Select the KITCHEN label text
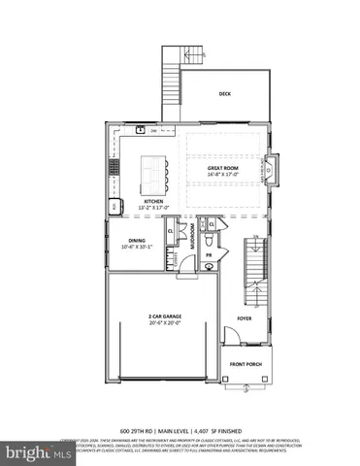[x=154, y=201]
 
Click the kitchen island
[x=152, y=172]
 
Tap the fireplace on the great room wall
[x=271, y=171]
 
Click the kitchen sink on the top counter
[x=141, y=129]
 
